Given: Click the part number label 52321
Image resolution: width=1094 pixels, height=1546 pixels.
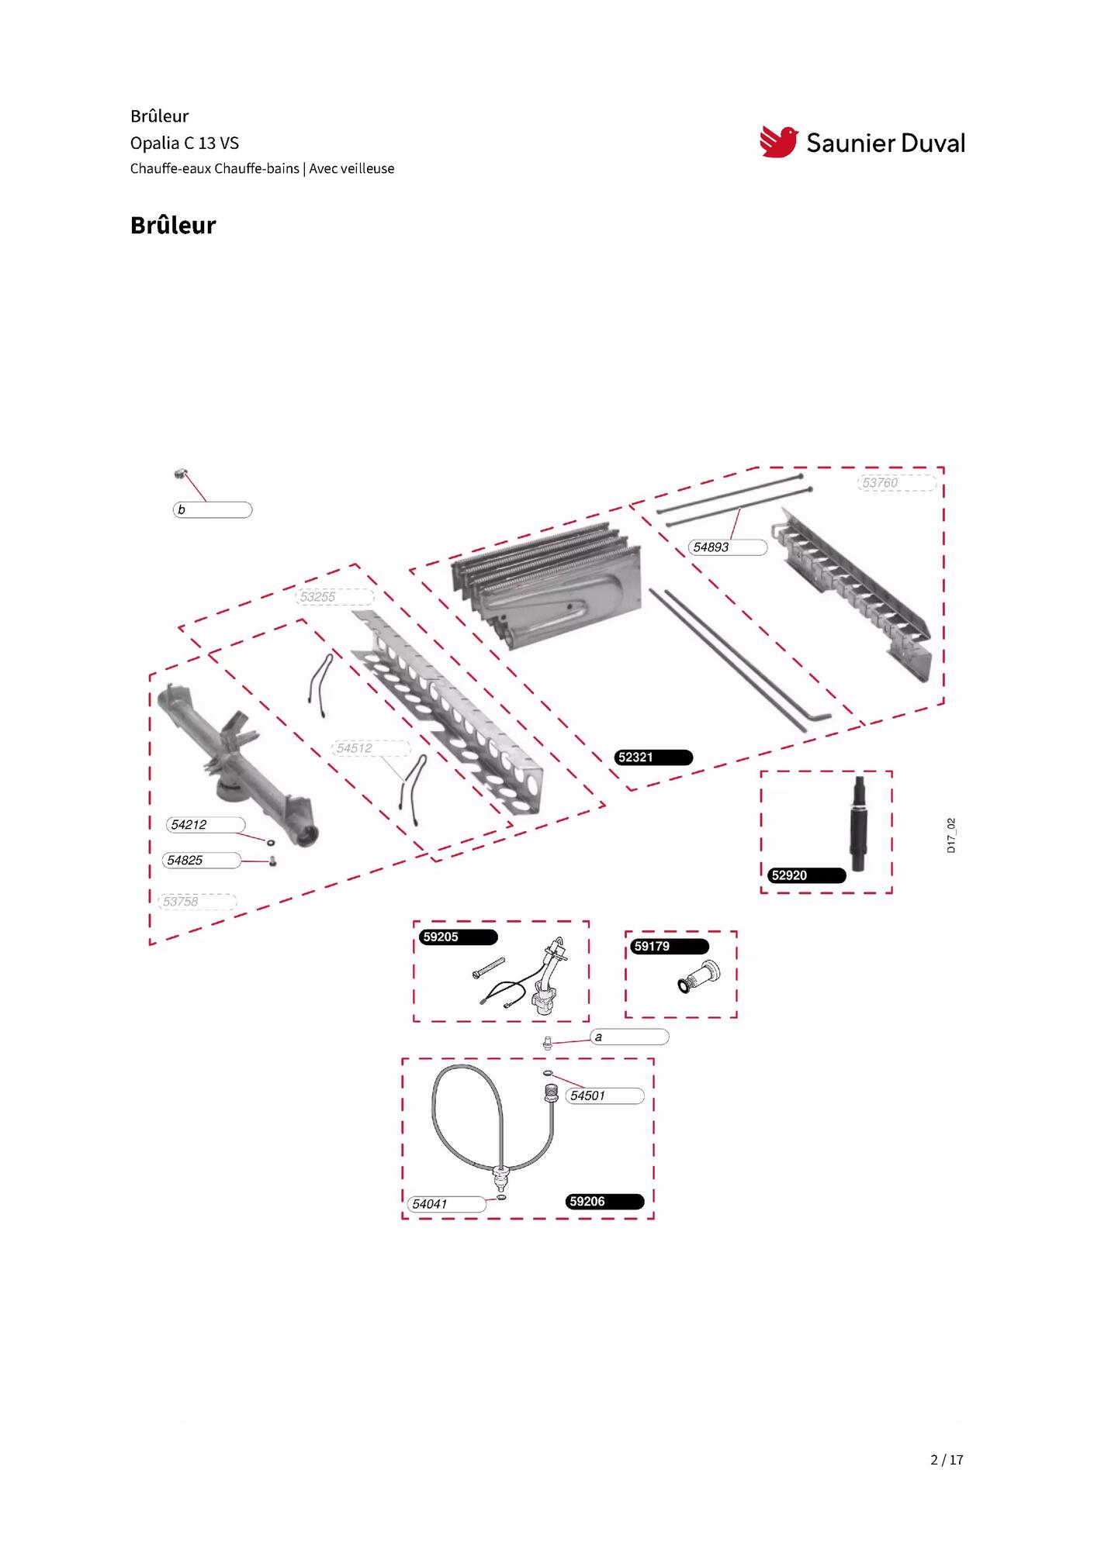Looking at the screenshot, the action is coord(653,757).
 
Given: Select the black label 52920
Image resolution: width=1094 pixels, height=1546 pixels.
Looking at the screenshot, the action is coord(807,875).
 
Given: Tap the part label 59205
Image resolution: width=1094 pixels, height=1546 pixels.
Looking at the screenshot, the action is coord(459,937).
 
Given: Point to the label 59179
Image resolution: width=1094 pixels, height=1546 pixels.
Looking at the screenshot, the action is coord(670,947).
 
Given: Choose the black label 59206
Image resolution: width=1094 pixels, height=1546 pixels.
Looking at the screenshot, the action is coord(605,1202).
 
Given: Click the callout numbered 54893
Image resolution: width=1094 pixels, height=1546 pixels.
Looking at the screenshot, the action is coord(728,547).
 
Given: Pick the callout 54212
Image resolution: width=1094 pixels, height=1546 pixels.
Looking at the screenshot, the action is coord(206,825).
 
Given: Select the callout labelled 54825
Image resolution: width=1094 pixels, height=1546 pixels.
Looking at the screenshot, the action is coord(202,861).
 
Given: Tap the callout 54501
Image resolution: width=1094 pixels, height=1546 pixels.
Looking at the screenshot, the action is coord(604,1096).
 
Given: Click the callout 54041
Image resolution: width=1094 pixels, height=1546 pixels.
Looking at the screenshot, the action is coord(447,1204).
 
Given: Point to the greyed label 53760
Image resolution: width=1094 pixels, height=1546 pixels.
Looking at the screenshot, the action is coord(897,483).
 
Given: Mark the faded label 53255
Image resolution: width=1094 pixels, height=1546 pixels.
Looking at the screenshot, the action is coord(335,597).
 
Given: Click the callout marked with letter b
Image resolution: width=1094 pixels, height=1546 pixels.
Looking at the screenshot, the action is coord(213,510).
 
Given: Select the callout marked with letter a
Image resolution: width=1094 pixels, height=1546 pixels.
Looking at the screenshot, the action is coord(629,1037).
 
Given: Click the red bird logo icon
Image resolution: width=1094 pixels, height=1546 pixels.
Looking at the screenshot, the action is coord(778,142).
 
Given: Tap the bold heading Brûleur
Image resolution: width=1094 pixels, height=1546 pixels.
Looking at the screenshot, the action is coord(173,226).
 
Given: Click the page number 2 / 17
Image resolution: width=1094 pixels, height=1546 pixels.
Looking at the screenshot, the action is coord(947,1460).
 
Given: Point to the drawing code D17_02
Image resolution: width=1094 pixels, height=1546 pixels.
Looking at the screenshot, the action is coord(951,835).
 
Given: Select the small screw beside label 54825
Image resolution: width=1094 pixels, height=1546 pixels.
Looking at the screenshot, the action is coord(272,861).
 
